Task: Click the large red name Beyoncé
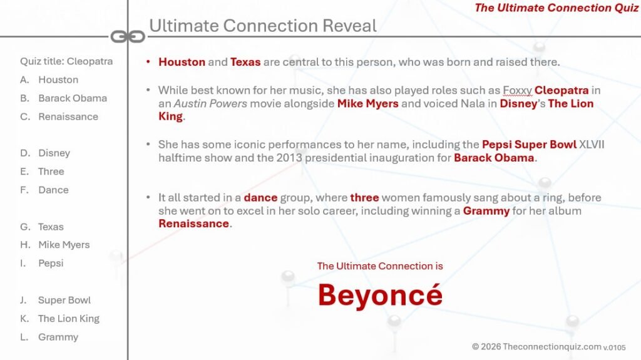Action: coord(380,294)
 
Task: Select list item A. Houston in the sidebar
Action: coord(49,80)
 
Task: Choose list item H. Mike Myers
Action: coord(55,245)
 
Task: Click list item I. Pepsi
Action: coord(42,264)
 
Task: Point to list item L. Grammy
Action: coord(49,337)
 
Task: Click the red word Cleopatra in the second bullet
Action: coord(562,90)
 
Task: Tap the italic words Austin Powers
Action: coord(210,103)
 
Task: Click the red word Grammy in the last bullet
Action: coord(486,211)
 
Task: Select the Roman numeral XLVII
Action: coord(592,145)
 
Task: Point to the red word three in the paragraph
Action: coord(364,198)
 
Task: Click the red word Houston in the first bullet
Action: coord(182,62)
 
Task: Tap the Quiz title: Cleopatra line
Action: coord(66,61)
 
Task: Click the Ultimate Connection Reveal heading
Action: coord(263,26)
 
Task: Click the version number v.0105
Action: coord(615,347)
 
